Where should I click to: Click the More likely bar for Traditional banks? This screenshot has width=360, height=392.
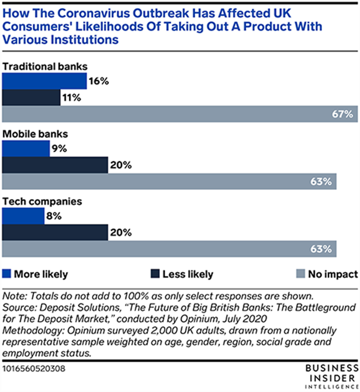pos(45,81)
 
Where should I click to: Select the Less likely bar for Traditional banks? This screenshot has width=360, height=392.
pos(31,97)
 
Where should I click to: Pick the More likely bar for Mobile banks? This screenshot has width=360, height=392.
pos(26,149)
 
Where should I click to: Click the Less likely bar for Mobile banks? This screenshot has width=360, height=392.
pos(55,165)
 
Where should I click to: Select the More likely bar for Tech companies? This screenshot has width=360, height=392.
pos(23,216)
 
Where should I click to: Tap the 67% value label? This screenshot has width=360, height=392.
pos(342,114)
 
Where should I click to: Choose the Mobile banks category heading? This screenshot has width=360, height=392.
pos(36,134)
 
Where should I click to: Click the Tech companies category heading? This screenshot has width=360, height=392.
pos(42,201)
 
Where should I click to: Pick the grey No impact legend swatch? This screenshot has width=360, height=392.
pos(300,273)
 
